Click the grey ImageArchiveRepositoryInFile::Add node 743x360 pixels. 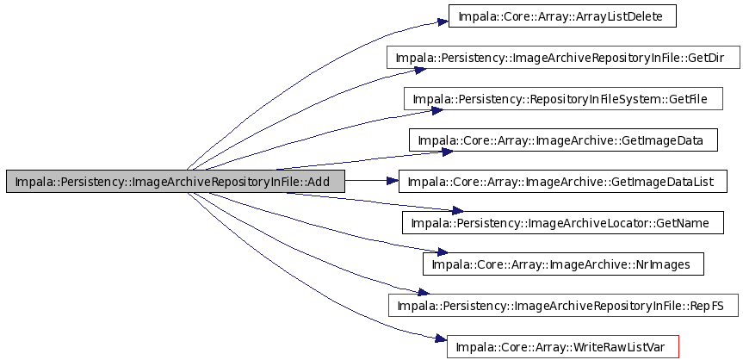pyautogui.click(x=176, y=181)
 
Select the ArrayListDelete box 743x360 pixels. pyautogui.click(x=562, y=16)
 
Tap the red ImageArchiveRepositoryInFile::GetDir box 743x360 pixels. pyautogui.click(x=563, y=58)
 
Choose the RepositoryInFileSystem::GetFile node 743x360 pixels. pyautogui.click(x=563, y=99)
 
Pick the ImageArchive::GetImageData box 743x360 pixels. pyautogui.click(x=563, y=140)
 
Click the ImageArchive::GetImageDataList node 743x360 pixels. pyautogui.click(x=562, y=181)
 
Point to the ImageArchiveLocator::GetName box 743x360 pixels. pyautogui.click(x=563, y=222)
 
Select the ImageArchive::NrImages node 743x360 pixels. pyautogui.click(x=563, y=264)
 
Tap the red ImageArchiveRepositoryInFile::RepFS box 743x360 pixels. pyautogui.click(x=563, y=305)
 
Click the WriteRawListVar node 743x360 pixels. pyautogui.click(x=563, y=346)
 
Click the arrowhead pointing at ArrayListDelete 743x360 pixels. pyautogui.click(x=443, y=22)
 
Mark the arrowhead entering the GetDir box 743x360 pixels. pyautogui.click(x=421, y=71)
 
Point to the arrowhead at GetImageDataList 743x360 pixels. pyautogui.click(x=393, y=181)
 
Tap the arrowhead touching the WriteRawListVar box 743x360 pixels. pyautogui.click(x=441, y=338)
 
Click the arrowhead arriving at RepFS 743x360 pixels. pyautogui.click(x=423, y=292)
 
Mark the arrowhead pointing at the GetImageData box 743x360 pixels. pyautogui.click(x=448, y=152)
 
